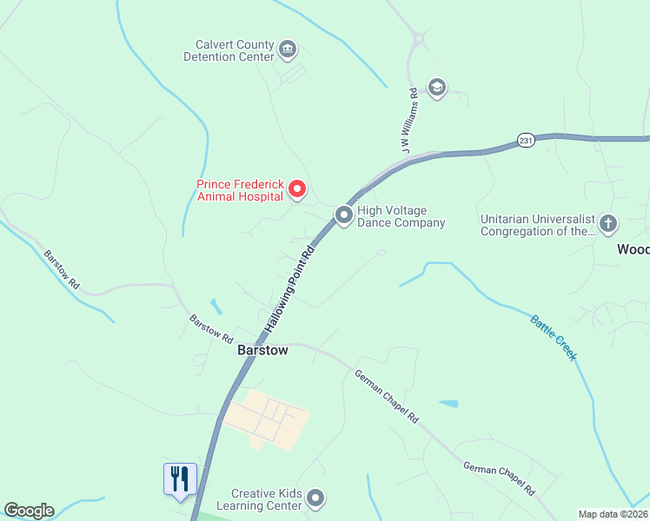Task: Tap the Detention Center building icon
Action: tap(289, 49)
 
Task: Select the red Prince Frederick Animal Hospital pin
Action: tap(297, 188)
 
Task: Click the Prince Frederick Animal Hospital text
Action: tap(240, 190)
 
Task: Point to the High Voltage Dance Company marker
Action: tap(344, 214)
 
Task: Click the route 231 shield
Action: tap(525, 140)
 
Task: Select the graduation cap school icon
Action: tap(436, 87)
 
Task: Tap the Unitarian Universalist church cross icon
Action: tap(607, 224)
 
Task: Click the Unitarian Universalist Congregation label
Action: tap(537, 225)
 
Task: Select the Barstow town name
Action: tap(263, 352)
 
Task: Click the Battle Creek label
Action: tap(554, 337)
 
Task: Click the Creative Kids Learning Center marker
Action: tap(315, 498)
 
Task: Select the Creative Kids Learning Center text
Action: tap(266, 499)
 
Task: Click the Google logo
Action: tap(28, 511)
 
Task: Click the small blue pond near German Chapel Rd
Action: tap(448, 403)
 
